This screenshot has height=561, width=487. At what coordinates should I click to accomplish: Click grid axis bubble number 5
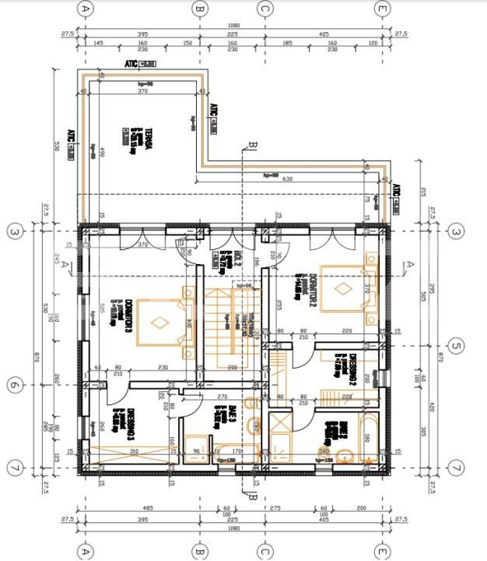tap(457, 346)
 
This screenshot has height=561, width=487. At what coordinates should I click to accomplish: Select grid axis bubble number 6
tap(13, 385)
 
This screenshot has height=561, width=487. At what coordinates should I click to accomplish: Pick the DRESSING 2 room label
tap(350, 367)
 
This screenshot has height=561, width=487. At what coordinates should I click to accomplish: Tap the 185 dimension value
tap(287, 44)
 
